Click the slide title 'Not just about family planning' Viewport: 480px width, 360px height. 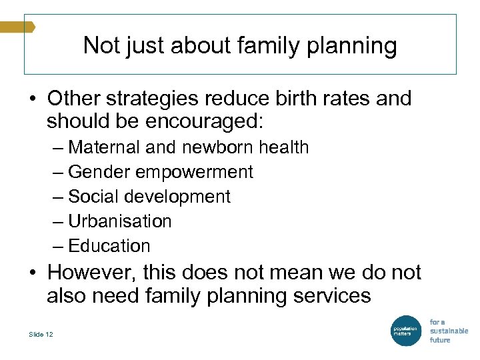tap(240, 45)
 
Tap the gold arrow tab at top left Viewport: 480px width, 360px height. tap(17, 27)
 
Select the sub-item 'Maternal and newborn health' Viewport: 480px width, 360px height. tap(189, 147)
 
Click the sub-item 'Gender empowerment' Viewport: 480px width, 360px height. tap(161, 172)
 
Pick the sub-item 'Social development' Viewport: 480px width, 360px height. tap(149, 197)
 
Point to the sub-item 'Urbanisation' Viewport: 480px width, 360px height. tap(120, 221)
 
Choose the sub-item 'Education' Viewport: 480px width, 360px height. tap(109, 246)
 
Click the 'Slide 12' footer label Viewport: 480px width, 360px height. tap(41, 334)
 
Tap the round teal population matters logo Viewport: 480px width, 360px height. tap(405, 330)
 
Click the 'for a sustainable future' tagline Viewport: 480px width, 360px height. tap(448, 331)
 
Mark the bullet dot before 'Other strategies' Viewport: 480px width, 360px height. tap(32, 99)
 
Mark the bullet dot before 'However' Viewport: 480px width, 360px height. tap(32, 273)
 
